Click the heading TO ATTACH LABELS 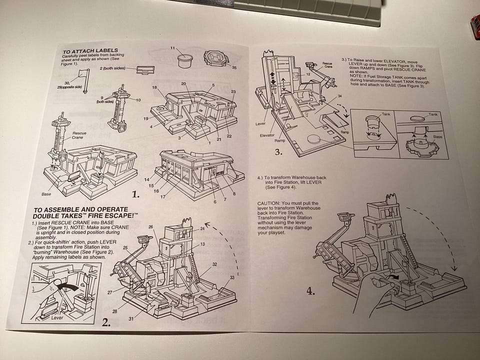[x=90, y=50]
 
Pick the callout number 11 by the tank [x=172, y=48]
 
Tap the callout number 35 [x=234, y=67]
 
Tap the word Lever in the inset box [x=59, y=316]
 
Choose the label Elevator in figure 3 [x=266, y=134]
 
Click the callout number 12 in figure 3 [x=308, y=74]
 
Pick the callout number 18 [x=155, y=87]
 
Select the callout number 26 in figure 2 [x=150, y=227]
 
